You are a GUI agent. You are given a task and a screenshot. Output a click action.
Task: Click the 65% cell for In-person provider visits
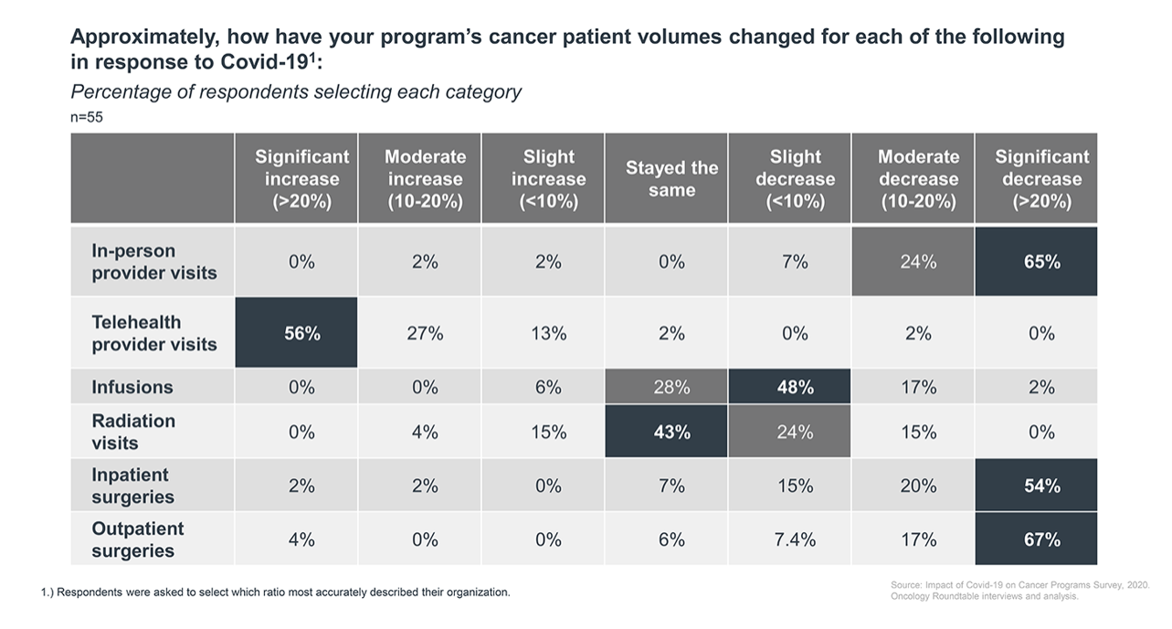click(x=1041, y=261)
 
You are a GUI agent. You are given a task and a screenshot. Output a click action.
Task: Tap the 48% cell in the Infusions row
click(x=795, y=387)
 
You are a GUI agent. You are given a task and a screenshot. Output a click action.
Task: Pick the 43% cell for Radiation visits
click(x=671, y=432)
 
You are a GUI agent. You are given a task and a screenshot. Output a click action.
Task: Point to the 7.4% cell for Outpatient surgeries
click(x=795, y=539)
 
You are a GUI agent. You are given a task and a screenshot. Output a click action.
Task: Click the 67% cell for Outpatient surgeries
click(x=1041, y=539)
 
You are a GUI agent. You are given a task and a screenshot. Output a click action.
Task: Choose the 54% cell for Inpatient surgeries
click(x=1041, y=485)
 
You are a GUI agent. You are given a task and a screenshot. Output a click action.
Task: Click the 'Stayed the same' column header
click(x=671, y=179)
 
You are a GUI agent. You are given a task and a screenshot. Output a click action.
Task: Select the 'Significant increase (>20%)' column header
click(x=301, y=179)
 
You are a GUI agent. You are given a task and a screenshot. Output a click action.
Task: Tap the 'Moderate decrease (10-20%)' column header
click(x=918, y=179)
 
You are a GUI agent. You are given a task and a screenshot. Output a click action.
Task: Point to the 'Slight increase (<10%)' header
click(x=548, y=179)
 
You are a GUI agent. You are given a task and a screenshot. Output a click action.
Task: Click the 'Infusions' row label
click(x=132, y=387)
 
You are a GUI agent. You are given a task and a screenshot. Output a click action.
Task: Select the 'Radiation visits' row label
click(x=133, y=432)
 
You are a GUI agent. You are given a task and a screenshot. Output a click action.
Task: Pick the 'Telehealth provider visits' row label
click(x=154, y=334)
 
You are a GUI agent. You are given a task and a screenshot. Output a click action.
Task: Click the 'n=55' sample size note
click(x=88, y=117)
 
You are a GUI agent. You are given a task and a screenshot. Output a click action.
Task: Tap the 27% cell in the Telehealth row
click(x=425, y=334)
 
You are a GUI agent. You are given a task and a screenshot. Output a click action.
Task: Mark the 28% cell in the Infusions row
click(x=671, y=387)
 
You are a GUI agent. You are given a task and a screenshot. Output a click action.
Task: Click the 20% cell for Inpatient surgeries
click(x=918, y=485)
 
